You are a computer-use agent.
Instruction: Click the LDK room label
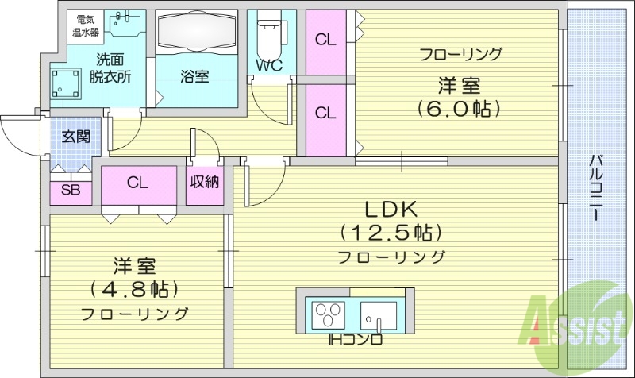pos(391,210)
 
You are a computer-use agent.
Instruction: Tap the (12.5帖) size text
pos(391,233)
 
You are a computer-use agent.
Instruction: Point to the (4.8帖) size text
pos(133,287)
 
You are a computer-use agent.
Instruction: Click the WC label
pos(268,66)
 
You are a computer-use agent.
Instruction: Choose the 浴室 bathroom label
pos(194,76)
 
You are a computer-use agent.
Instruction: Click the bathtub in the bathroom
pos(194,33)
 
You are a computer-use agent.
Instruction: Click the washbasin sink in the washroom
pos(124,27)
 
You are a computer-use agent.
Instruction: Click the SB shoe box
pos(71,191)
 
